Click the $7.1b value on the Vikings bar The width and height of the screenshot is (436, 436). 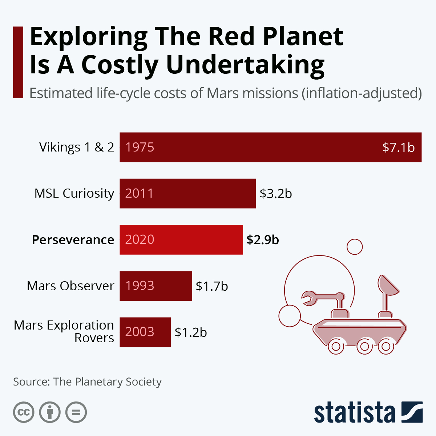pos(398,147)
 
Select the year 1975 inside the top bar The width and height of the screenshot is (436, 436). pos(140,147)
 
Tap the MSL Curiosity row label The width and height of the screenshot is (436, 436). pos(74,193)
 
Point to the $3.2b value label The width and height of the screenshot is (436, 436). pos(275,194)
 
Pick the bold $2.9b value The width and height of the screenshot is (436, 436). pos(262,240)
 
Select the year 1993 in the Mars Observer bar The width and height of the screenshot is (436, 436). pos(140,286)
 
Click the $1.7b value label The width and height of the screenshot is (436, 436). pos(211,286)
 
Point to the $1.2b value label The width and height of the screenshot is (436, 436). pos(190,332)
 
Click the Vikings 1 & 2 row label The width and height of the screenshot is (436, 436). pos(77,147)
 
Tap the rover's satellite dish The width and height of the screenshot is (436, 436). pos(387,285)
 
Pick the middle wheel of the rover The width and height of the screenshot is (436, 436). pos(364,346)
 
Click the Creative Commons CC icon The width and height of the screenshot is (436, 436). pos(24,412)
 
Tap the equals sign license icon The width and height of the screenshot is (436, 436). pos(76,412)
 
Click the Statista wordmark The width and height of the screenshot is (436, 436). pos(354,412)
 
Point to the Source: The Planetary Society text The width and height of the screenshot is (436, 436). pos(87,382)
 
